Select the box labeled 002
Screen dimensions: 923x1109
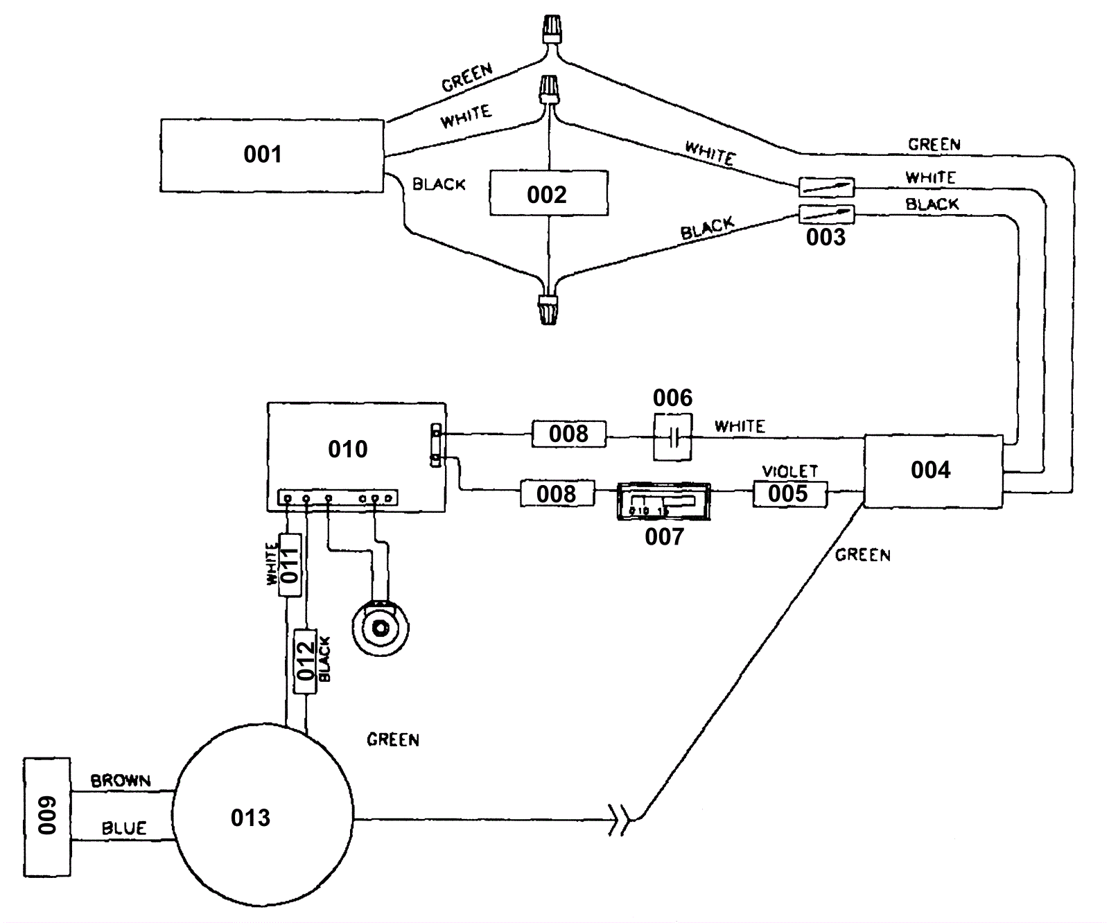548,193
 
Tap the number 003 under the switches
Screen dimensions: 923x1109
826,238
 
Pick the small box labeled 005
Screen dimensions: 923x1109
789,494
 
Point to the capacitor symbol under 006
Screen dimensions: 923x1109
672,437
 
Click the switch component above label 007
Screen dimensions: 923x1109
663,502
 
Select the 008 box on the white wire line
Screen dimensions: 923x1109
568,434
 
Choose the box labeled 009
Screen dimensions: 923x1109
47,816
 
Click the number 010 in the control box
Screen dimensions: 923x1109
347,449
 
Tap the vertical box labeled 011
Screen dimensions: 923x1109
290,565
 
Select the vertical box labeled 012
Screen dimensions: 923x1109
306,660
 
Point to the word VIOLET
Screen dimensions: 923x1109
789,471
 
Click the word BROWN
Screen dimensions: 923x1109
121,780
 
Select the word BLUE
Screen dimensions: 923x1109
124,828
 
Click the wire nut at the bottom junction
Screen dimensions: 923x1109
548,309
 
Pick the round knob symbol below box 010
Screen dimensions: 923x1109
380,628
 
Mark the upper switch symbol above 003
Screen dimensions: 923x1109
826,186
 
